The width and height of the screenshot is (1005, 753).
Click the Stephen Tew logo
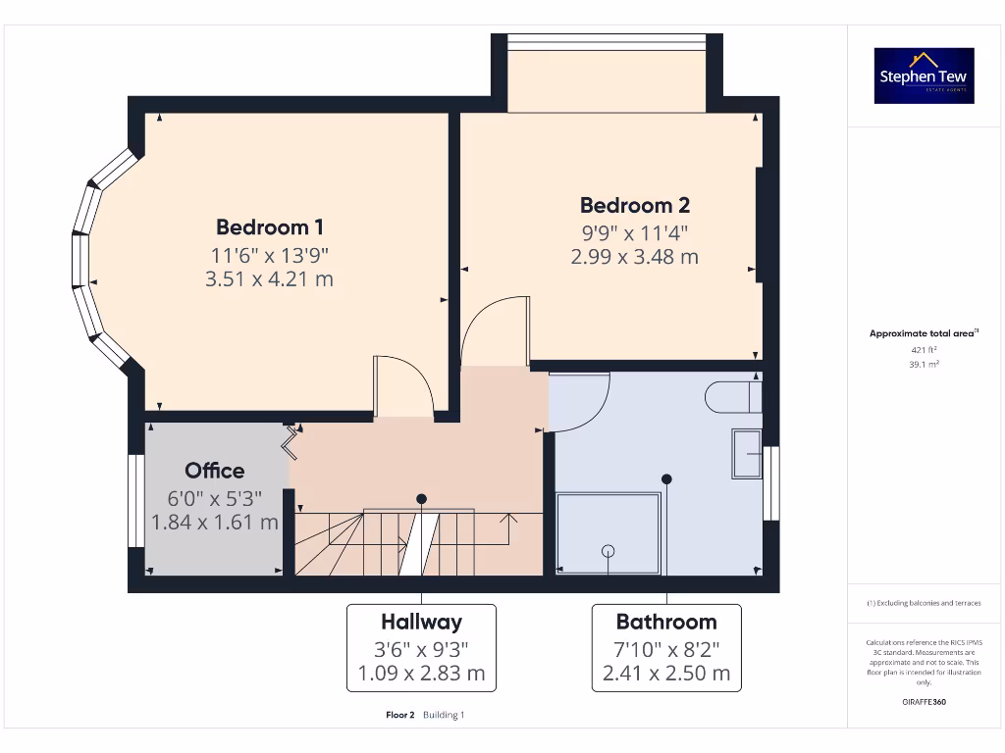coord(924,75)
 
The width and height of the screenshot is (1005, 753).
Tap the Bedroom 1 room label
coord(270,227)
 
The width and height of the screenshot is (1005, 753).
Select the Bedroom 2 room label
coord(634,205)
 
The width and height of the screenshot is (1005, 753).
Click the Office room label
coord(215,471)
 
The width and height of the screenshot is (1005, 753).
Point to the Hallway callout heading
coord(421,622)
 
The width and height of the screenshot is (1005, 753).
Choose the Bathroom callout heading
coord(666,622)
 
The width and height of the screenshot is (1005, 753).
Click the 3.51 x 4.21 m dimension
coord(270,279)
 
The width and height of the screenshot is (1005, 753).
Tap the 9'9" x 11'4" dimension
coord(634,232)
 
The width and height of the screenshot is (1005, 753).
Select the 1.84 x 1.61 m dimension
coord(215,523)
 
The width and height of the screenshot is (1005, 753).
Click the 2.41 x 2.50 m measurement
coord(666,674)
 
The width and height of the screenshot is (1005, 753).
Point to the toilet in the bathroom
coord(732,397)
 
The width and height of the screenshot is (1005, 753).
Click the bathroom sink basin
coord(747,454)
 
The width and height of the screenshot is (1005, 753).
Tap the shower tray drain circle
coord(608,551)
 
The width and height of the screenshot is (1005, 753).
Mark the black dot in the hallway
coord(421,498)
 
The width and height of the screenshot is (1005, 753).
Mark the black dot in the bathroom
coord(666,479)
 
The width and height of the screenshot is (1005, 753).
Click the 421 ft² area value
coord(924,349)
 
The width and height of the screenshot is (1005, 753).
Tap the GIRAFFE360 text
coord(924,702)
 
